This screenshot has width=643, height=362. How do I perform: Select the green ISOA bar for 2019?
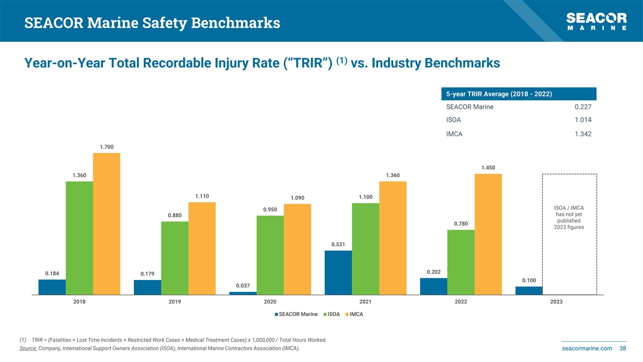[174, 258]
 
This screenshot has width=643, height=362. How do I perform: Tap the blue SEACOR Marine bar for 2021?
[338, 272]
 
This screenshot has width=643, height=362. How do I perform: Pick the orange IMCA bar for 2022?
[488, 234]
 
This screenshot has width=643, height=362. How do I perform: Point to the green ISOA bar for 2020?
[270, 255]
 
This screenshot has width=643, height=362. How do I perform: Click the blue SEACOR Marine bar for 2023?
[529, 291]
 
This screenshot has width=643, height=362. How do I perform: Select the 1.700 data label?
[107, 147]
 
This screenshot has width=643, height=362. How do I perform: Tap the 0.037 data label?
[243, 285]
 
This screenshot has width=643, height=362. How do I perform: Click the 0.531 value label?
[338, 245]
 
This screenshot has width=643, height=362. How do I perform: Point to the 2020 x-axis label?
[270, 302]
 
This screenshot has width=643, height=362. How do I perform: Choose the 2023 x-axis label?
[556, 302]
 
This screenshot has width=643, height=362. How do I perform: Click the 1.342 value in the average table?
[581, 134]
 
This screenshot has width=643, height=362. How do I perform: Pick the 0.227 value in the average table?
[581, 107]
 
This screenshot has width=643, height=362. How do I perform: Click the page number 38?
[623, 349]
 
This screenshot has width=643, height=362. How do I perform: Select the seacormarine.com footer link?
[586, 349]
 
